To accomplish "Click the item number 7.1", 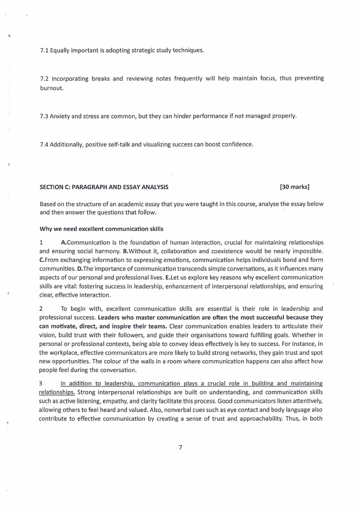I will pyautogui.click(x=44, y=50).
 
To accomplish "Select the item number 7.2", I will pyautogui.click(x=44, y=78).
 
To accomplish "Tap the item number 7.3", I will pyautogui.click(x=44, y=116).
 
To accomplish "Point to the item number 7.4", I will pyautogui.click(x=44, y=145).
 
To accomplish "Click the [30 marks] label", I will pyautogui.click(x=295, y=186).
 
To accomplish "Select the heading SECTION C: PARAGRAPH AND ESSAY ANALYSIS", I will pyautogui.click(x=104, y=186).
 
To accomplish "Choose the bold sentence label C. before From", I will pyautogui.click(x=42, y=259).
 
